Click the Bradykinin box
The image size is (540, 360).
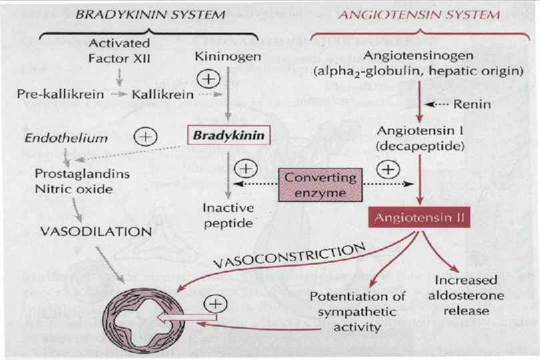tap(229, 135)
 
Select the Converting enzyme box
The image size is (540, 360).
tap(320, 185)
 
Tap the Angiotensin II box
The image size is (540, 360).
tap(419, 218)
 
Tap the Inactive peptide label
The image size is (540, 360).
tap(227, 215)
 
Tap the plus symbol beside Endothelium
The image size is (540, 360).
tap(144, 137)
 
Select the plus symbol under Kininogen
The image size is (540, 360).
tap(209, 78)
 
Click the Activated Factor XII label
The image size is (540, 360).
tap(119, 50)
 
